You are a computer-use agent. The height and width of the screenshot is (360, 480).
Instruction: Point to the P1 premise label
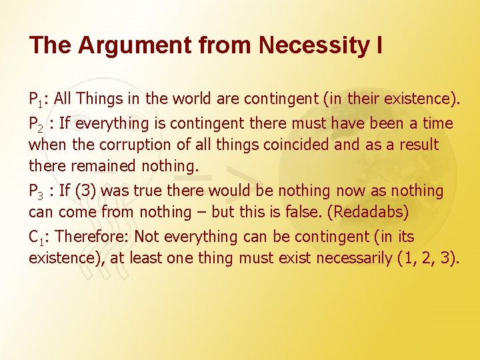click(37, 100)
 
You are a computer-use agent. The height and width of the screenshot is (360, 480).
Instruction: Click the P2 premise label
click(37, 124)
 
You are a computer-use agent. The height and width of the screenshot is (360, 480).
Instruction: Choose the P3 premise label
click(37, 192)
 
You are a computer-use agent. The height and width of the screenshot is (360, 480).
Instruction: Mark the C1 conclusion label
click(37, 237)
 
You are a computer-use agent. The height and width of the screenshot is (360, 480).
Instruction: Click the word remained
click(93, 166)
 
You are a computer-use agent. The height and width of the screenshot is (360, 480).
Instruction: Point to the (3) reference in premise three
click(85, 191)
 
